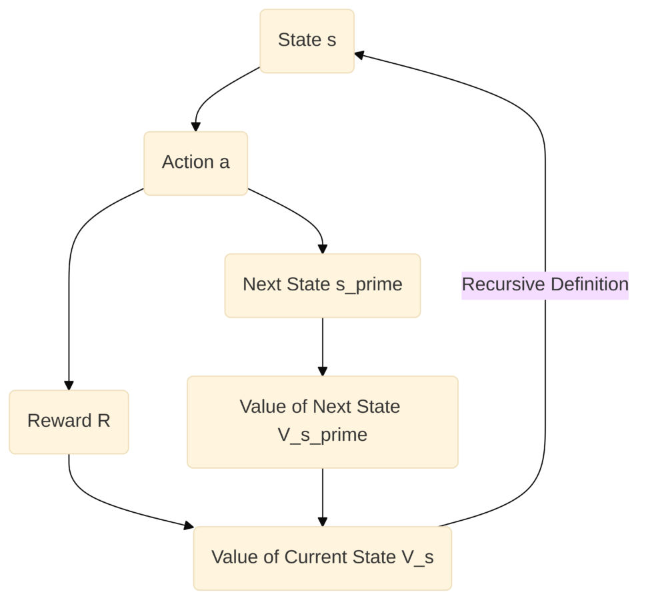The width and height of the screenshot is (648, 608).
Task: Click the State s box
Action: tap(307, 41)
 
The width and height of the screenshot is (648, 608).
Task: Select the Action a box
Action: tap(196, 163)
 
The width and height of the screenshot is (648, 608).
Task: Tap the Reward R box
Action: tap(69, 422)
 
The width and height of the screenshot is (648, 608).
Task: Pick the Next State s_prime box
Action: tap(323, 286)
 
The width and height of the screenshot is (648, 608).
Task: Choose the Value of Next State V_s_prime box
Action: tap(323, 422)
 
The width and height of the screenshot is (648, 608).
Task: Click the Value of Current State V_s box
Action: tap(323, 558)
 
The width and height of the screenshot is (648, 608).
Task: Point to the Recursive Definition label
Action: tap(545, 285)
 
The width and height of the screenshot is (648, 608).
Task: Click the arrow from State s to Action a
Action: tap(212, 95)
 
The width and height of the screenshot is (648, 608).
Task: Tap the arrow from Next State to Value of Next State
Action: tap(323, 347)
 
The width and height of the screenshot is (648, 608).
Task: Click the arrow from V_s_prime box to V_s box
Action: tap(323, 497)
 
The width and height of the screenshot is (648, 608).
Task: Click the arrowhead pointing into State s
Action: tap(359, 55)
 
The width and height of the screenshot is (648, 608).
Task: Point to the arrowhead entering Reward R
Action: tap(69, 386)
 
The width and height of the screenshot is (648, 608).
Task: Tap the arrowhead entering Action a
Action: tap(196, 127)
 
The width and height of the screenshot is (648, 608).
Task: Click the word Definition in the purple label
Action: tap(590, 284)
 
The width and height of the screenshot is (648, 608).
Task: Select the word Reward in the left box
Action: tap(59, 421)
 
